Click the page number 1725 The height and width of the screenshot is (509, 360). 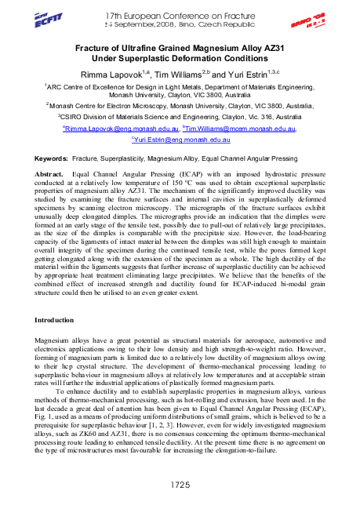click(x=180, y=486)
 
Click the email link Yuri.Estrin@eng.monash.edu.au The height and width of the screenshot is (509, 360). click(x=180, y=139)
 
